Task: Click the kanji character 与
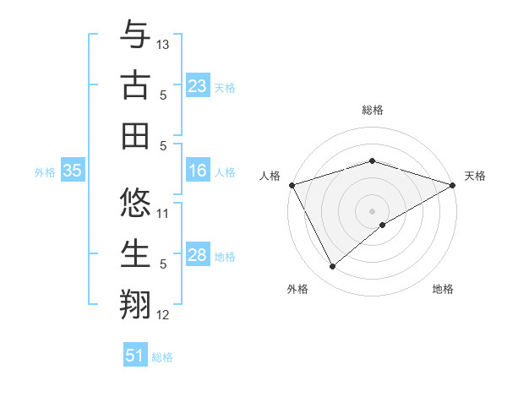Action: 135,35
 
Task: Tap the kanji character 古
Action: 135,85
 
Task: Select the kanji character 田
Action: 135,135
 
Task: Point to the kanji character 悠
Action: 135,204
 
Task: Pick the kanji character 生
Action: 135,254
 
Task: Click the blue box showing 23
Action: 197,85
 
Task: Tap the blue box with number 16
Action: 197,171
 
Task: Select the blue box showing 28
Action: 197,255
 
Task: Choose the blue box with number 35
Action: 72,171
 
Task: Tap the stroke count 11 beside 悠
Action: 163,214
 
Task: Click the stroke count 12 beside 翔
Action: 163,315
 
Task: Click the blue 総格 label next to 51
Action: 162,357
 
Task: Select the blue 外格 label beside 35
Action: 45,172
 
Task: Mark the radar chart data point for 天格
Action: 453,184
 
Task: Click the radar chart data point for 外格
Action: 332,266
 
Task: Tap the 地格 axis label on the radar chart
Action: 443,289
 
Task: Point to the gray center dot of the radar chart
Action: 372,210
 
